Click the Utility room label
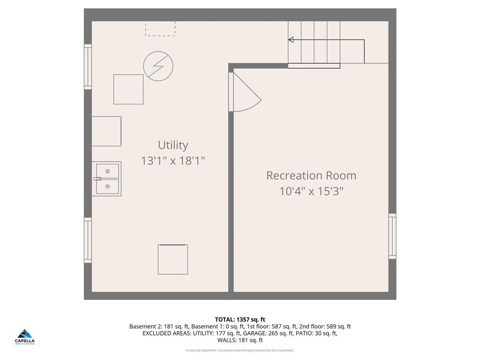[173, 145]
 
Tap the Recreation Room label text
[311, 175]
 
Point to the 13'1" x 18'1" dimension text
[173, 161]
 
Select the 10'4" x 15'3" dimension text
[311, 191]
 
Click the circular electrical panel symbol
[158, 66]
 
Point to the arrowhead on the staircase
[291, 40]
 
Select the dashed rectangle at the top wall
[160, 28]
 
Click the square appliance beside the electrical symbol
[128, 89]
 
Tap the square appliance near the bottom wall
[173, 259]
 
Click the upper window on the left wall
[88, 67]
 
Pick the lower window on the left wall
[88, 240]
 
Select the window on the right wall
[392, 236]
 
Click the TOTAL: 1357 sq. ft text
[240, 320]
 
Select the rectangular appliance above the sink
[106, 131]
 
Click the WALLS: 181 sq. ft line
[240, 340]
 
